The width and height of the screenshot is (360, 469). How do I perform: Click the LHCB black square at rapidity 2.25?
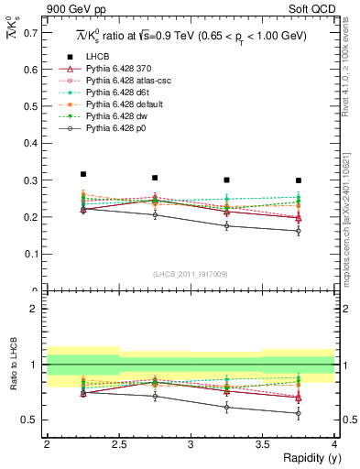click(82, 174)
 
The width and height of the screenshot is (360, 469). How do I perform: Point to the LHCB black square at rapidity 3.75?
click(299, 180)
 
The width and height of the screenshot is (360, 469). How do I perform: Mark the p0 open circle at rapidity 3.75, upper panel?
click(299, 231)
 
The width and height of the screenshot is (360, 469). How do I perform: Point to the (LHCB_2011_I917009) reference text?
click(191, 274)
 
